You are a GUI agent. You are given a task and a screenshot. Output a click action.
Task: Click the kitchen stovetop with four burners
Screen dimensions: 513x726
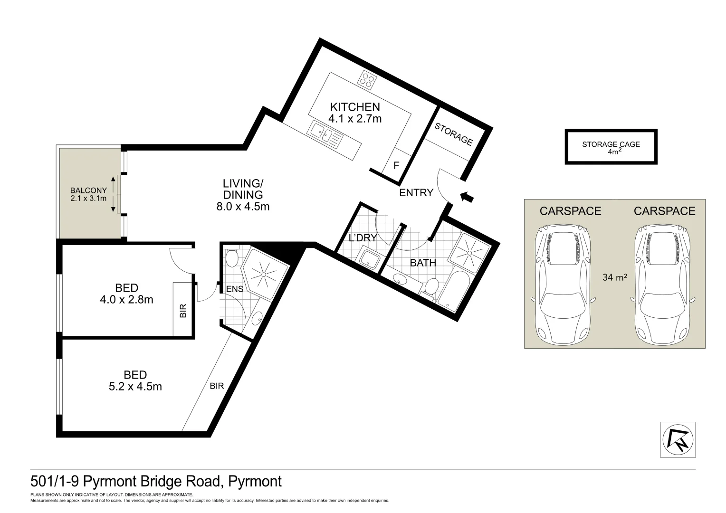367,80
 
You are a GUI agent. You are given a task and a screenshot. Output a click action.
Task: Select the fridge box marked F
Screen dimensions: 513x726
396,166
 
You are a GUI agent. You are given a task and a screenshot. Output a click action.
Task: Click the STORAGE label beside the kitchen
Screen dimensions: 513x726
454,134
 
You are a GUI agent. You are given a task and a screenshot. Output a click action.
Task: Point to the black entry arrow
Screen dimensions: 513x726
468,197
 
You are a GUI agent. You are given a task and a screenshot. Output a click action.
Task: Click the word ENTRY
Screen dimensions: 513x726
416,193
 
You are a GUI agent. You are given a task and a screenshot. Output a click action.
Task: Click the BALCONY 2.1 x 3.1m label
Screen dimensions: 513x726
88,194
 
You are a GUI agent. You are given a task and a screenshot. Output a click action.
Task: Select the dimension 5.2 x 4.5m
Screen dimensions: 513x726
135,387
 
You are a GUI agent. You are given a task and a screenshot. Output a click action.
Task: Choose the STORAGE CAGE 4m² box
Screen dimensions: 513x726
611,147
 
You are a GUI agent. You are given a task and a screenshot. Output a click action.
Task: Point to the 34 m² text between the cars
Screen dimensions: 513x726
615,277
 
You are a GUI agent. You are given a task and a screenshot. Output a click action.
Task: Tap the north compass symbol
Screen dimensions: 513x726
678,439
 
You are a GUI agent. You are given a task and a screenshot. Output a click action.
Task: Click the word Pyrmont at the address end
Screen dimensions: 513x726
255,482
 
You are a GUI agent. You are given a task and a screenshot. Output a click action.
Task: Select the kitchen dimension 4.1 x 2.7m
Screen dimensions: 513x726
355,119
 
